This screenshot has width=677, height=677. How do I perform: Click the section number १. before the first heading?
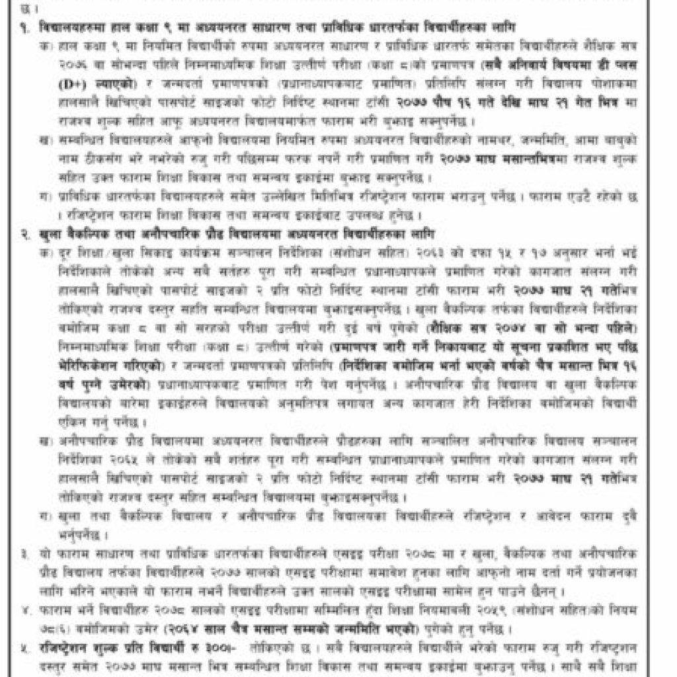26,27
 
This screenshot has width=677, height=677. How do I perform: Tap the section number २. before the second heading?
26,235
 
